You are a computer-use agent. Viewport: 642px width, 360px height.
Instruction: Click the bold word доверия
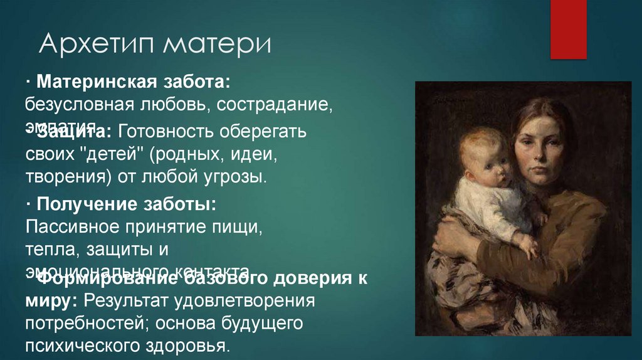tap(308, 278)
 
